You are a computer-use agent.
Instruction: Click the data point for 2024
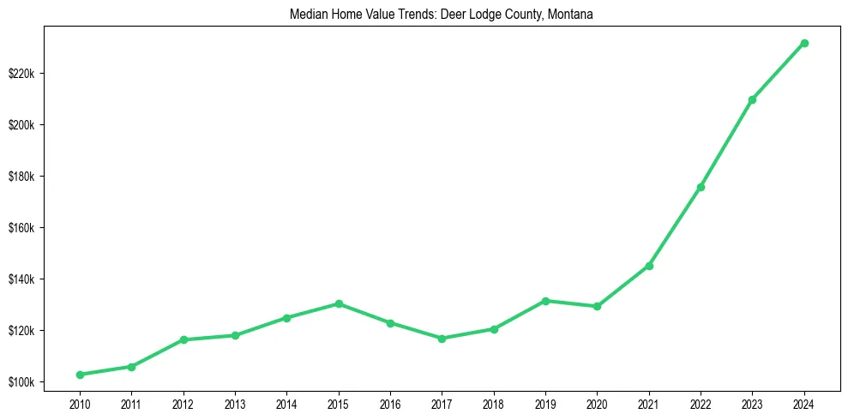(x=804, y=43)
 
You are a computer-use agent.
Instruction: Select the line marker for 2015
(x=339, y=303)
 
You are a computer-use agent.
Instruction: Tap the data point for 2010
(x=80, y=375)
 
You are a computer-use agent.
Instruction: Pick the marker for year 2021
(x=649, y=266)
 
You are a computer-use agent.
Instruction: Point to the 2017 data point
(x=442, y=339)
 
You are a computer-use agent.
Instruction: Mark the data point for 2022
(x=701, y=187)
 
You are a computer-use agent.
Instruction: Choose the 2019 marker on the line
(x=545, y=301)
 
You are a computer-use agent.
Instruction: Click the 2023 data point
(x=752, y=99)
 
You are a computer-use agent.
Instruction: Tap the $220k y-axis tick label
(x=21, y=74)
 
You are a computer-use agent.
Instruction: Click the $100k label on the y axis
(x=21, y=382)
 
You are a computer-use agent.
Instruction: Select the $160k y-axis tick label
(x=21, y=228)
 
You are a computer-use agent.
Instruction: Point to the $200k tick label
(x=21, y=125)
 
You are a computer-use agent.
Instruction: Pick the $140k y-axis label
(x=21, y=279)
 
